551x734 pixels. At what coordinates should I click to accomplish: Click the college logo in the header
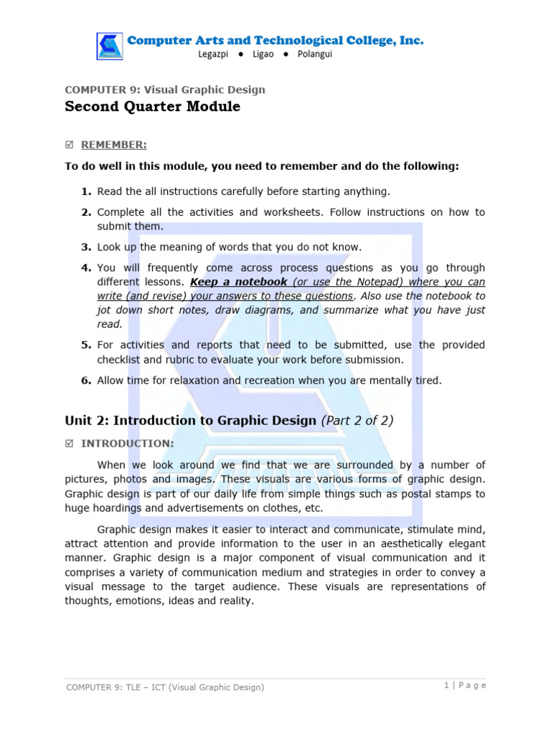[x=110, y=46]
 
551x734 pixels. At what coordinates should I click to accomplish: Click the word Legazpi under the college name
[x=219, y=54]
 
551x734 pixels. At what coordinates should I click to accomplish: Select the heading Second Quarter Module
[x=152, y=108]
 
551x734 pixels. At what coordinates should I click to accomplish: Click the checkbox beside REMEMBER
[x=69, y=146]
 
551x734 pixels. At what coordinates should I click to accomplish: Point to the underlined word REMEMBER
[x=113, y=146]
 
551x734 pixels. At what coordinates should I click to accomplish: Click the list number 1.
[x=85, y=191]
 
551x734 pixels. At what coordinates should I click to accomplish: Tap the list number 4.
[x=85, y=268]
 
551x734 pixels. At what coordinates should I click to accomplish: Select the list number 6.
[x=85, y=381]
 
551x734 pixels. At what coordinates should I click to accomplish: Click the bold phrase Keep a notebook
[x=238, y=282]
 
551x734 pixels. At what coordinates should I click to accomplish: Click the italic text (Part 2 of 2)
[x=357, y=421]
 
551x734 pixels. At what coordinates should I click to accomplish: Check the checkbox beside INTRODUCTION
[x=69, y=444]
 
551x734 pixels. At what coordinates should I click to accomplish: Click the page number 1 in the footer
[x=446, y=685]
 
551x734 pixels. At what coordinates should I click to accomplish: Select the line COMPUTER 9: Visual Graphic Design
[x=165, y=90]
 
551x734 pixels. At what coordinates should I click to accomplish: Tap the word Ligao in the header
[x=263, y=54]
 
